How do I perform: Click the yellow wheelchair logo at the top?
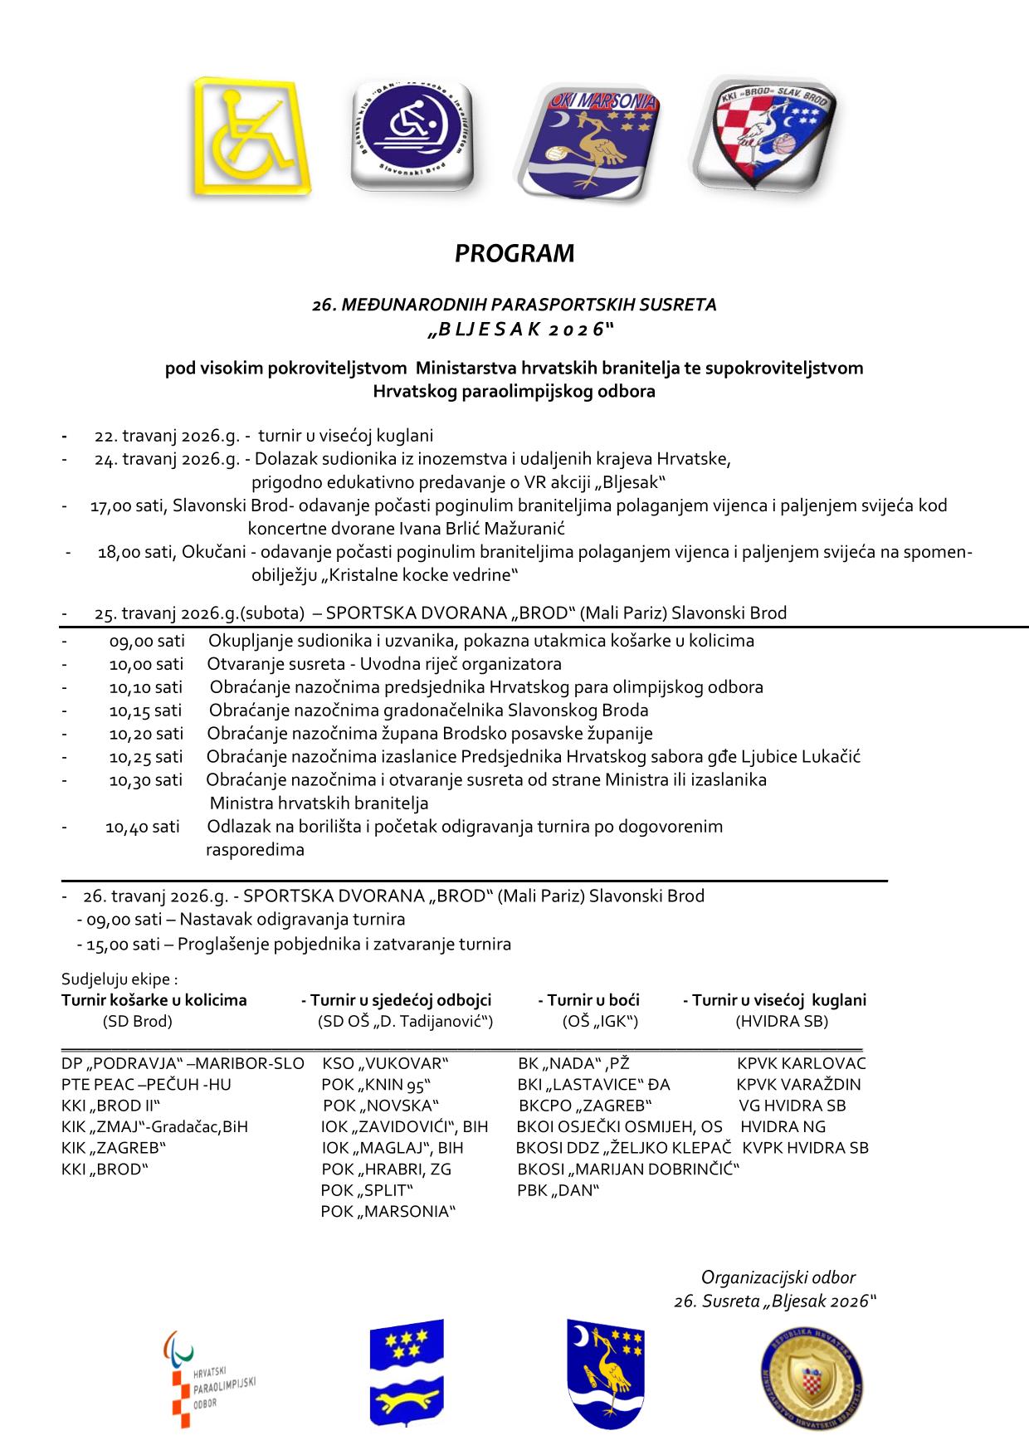click(x=251, y=137)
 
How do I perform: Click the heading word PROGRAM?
click(x=514, y=253)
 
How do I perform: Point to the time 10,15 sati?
click(x=145, y=710)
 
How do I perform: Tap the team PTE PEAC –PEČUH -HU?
click(x=146, y=1084)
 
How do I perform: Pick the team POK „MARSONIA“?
click(x=389, y=1212)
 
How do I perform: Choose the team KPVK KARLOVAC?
click(x=802, y=1063)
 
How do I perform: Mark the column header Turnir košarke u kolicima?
click(x=154, y=1000)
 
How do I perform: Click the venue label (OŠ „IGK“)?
click(x=600, y=1022)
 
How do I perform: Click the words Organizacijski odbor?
click(x=778, y=1278)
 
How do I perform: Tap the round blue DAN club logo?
click(x=412, y=136)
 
